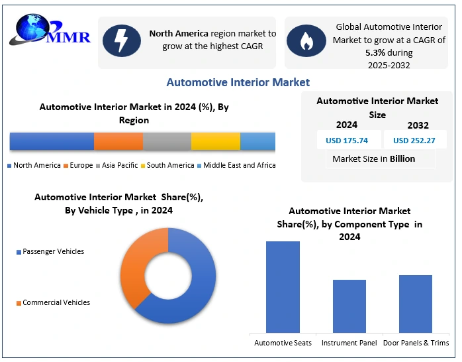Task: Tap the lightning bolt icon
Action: (122, 42)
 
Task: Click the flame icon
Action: (306, 42)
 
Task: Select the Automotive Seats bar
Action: (283, 286)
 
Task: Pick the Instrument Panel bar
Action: (349, 306)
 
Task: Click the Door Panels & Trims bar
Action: (415, 303)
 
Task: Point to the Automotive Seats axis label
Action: (283, 343)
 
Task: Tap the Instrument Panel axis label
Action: (349, 343)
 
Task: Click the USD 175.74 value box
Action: (347, 140)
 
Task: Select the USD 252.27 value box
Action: (414, 140)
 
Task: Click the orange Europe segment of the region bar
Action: (118, 141)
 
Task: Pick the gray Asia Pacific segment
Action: (167, 141)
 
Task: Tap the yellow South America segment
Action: (215, 141)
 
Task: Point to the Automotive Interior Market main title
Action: (238, 82)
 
